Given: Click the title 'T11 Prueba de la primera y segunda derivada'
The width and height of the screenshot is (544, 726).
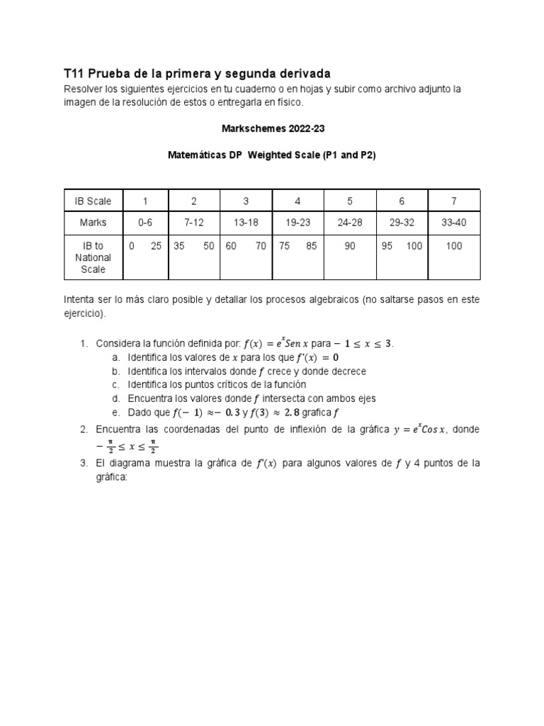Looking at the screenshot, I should click(197, 74).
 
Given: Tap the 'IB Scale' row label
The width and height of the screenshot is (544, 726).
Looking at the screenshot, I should click(93, 201).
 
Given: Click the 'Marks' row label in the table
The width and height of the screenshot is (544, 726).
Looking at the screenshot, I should click(93, 223).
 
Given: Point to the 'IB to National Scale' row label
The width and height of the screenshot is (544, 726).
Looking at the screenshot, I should click(93, 257).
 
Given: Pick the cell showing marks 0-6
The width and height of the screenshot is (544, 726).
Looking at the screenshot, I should click(145, 223).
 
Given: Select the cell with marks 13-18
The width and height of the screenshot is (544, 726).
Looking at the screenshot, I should click(246, 223).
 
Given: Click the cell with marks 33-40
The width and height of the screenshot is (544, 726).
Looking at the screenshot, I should click(454, 223).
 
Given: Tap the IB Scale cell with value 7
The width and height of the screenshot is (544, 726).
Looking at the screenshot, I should click(454, 201).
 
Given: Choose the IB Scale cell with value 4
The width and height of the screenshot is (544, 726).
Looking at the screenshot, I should click(298, 201).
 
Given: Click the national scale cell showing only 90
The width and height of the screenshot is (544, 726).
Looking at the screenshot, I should click(350, 246).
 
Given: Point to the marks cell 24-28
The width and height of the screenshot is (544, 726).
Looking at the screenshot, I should click(350, 223).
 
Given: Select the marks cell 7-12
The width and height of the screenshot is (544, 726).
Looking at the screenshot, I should click(194, 223).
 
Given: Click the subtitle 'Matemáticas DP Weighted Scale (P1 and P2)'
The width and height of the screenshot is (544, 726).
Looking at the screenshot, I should click(271, 155).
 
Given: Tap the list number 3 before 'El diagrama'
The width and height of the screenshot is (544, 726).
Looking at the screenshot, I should click(84, 463).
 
